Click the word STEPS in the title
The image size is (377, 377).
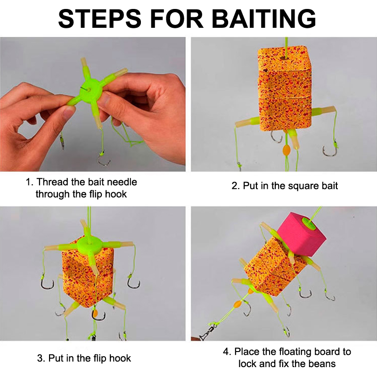coord(100,18)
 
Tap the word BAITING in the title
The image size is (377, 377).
coord(264,18)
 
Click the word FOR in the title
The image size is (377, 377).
coord(177,18)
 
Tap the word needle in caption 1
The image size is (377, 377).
coord(122,182)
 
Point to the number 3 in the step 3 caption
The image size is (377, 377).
coord(40,358)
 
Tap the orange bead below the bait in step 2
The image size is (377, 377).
coord(287,150)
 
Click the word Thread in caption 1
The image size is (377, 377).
coord(53,182)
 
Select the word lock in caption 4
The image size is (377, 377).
coord(248,363)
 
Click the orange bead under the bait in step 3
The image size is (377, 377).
coord(95,313)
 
